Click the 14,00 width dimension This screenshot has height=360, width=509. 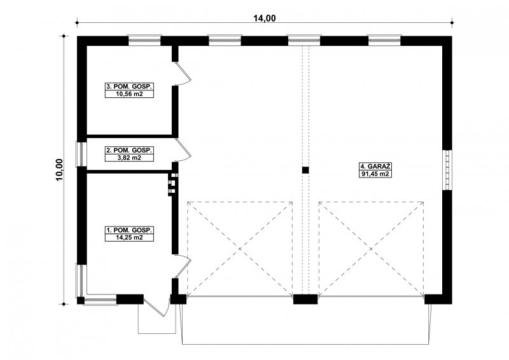[x=265, y=18]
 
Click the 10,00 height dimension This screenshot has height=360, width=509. [x=59, y=170]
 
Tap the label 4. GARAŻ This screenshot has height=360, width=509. [x=374, y=166]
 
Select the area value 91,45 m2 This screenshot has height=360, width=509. [x=374, y=174]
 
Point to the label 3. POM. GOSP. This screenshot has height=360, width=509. [x=129, y=87]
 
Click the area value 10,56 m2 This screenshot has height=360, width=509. [x=129, y=94]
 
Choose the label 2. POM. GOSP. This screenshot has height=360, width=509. [x=129, y=150]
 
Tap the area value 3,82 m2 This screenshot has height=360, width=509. [x=129, y=158]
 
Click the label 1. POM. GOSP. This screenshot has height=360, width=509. [x=129, y=230]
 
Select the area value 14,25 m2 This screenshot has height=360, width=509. [x=129, y=238]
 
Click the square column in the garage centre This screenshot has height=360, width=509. [x=305, y=170]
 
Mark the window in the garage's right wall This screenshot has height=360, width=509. [x=448, y=170]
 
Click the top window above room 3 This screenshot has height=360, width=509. [x=144, y=40]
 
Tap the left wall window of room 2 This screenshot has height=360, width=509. [x=81, y=154]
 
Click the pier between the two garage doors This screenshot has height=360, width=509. [x=305, y=299]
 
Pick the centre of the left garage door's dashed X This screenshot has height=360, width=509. [x=240, y=249]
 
